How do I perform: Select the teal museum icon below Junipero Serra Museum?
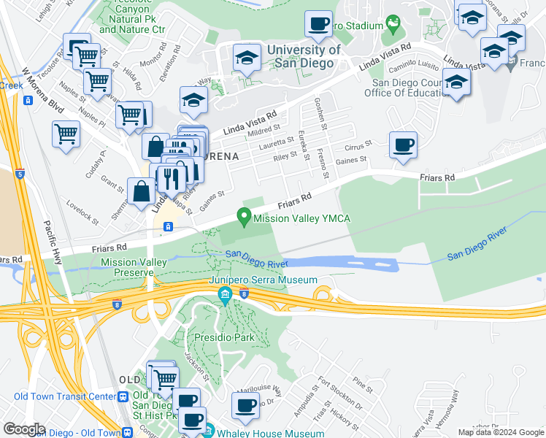point(225,296)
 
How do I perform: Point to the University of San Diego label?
point(304,56)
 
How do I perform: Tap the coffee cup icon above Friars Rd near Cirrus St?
point(402,144)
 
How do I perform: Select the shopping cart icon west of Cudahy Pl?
point(66,134)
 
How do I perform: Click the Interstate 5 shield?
point(19,174)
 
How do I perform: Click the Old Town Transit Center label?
point(64,396)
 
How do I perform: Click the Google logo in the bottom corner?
point(25,429)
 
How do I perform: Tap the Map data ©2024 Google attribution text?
point(500,433)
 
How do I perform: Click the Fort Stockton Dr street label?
point(339,396)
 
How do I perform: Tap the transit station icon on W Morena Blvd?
point(28,100)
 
